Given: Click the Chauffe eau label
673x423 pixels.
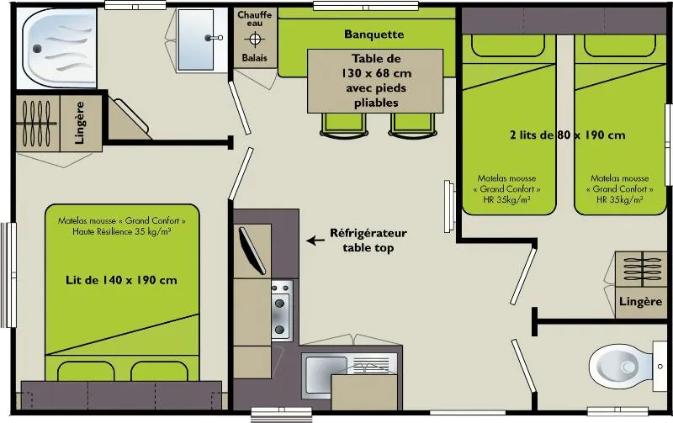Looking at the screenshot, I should (x=255, y=20).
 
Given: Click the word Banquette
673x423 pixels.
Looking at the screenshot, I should (x=374, y=34).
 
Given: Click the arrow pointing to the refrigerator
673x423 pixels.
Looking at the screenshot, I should (x=315, y=241).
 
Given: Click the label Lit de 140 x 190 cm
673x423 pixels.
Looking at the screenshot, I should (x=121, y=280).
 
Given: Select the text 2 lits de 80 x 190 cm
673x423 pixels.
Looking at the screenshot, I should (x=566, y=135).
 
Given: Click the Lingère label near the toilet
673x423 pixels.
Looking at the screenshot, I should (x=640, y=301).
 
